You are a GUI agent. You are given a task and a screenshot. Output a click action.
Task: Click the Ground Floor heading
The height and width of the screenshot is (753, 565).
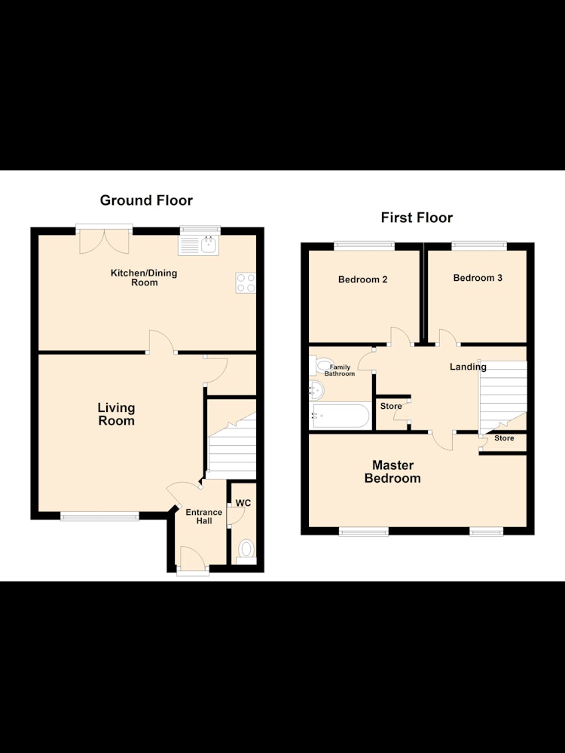tap(146, 200)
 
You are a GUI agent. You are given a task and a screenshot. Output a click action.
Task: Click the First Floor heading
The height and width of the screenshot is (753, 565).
tap(417, 218)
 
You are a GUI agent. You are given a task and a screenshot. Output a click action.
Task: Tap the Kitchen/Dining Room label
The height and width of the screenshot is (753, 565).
tap(144, 278)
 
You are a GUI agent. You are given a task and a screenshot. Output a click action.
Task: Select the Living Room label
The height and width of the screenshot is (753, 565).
tap(116, 414)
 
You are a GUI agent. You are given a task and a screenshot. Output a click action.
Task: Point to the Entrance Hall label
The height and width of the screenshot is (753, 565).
tap(203, 517)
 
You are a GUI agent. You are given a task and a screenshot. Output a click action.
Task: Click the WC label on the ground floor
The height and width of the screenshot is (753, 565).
tap(243, 503)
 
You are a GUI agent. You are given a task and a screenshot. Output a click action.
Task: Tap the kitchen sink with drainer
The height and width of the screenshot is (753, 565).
tap(198, 245)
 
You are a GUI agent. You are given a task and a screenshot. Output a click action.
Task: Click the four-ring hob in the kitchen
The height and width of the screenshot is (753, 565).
tap(246, 283)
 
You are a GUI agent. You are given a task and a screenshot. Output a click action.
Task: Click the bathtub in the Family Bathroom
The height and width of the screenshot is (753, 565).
tap(341, 416)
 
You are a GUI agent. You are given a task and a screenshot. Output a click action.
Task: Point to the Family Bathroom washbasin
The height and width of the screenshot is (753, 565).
tap(316, 390)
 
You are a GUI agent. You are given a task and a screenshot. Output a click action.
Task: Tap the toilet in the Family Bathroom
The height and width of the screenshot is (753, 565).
tap(322, 365)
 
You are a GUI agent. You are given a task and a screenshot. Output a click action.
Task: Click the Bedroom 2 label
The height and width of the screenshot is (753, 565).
tap(363, 279)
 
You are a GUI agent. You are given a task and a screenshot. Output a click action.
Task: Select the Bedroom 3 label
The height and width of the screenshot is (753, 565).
tap(478, 278)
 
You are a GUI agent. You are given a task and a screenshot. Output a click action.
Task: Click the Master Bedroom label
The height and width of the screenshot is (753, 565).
tap(392, 471)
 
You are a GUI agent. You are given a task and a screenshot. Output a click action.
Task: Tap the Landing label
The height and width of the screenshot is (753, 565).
tap(468, 367)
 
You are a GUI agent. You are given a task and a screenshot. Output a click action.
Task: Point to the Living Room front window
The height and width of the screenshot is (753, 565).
tap(100, 517)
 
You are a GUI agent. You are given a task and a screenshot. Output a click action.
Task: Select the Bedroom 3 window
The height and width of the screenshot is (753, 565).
tap(479, 245)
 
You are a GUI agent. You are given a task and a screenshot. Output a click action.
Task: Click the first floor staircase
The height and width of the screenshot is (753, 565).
tap(502, 397)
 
